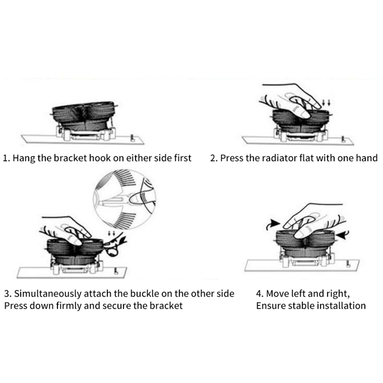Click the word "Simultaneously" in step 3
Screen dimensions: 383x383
click(47, 294)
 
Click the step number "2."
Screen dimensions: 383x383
click(214, 158)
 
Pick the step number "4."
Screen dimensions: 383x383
click(260, 293)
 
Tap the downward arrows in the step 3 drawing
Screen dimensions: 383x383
click(111, 234)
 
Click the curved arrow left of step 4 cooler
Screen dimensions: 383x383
click(272, 224)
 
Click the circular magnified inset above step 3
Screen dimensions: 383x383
click(124, 199)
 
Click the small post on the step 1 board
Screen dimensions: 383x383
click(133, 138)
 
